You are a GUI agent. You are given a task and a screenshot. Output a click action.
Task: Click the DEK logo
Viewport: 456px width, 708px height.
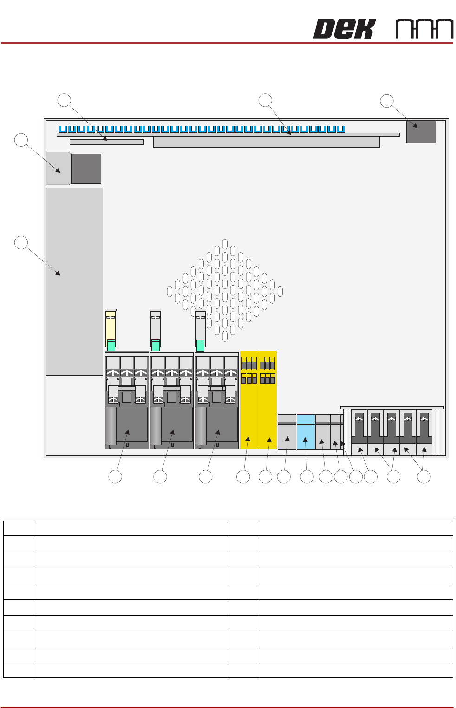344,29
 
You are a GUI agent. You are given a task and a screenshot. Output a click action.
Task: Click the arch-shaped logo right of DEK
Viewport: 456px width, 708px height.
424,29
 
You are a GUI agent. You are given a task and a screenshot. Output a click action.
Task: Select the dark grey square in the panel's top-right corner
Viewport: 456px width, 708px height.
421,132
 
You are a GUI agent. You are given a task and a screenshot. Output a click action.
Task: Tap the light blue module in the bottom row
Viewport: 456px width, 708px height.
306,432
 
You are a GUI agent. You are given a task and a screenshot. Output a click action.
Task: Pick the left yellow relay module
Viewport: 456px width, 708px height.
249,400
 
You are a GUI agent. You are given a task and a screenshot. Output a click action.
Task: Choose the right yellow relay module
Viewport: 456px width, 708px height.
267,400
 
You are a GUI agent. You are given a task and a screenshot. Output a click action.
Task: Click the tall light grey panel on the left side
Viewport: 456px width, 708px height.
74,281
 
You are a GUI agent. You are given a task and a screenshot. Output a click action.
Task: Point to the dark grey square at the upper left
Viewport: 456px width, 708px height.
86,169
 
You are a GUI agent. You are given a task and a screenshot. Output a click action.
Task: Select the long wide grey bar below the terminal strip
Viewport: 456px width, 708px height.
266,143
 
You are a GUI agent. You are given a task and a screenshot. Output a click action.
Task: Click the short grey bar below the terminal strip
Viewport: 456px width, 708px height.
106,142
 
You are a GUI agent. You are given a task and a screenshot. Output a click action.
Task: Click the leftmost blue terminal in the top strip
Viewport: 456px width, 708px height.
63,129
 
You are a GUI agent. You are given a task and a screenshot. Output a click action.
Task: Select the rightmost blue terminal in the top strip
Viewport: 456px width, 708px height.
341,129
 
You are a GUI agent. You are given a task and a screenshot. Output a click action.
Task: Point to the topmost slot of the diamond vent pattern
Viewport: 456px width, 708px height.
225,244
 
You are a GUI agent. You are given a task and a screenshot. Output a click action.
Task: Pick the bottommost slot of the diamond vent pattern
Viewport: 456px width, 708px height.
225,336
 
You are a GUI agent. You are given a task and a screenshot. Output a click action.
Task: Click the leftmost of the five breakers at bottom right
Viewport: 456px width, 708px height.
359,429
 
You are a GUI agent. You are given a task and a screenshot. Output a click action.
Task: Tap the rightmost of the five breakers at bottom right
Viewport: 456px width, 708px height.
424,429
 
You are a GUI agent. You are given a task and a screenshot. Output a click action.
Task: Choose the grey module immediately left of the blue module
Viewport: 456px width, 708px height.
287,432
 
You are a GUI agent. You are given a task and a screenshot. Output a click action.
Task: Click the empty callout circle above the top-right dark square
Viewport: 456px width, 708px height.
387,101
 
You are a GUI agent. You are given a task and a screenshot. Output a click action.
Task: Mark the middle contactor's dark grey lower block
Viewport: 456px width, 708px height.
176,424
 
